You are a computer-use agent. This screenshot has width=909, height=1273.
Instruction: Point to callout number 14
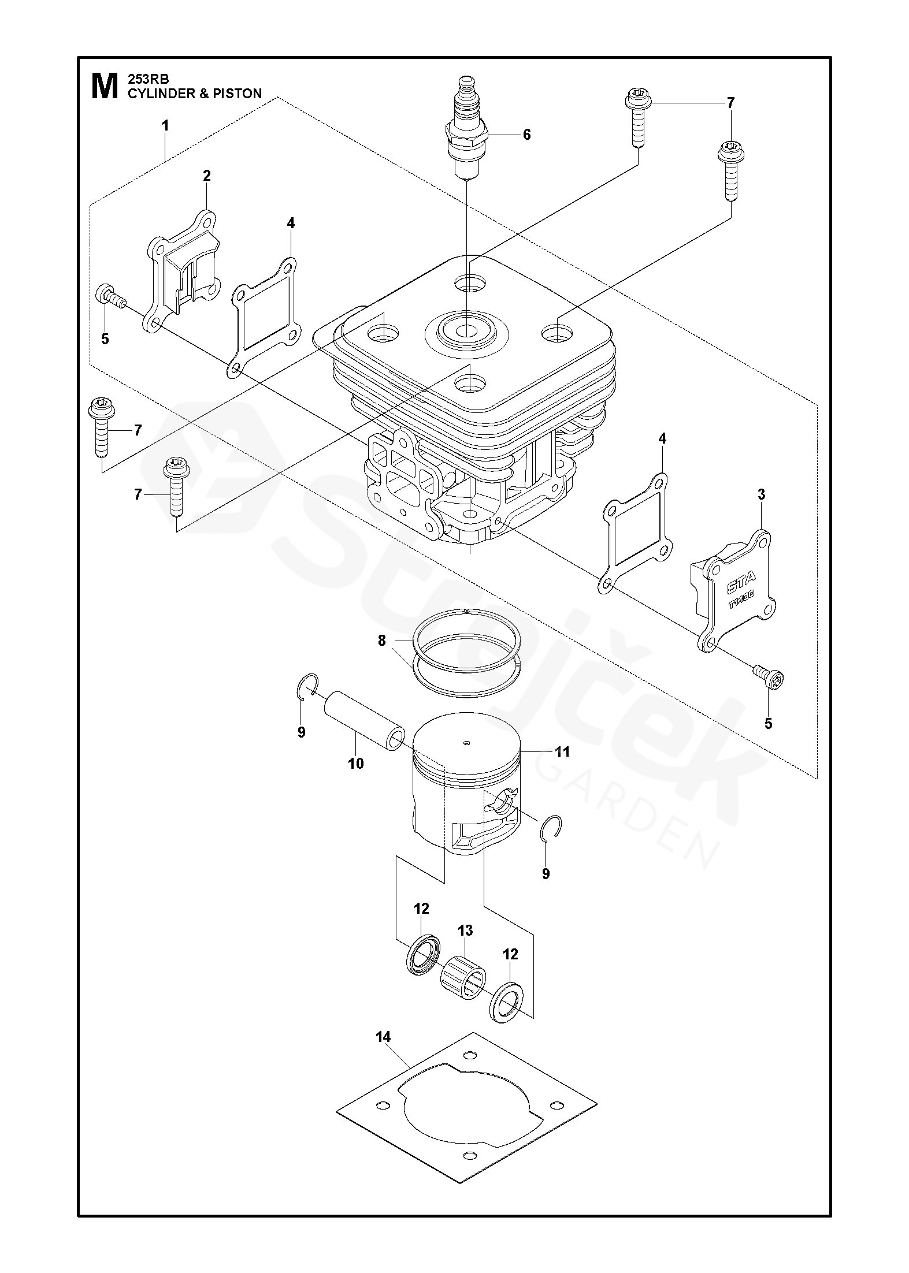[x=383, y=1037]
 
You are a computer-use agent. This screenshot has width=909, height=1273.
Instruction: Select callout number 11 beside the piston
[x=562, y=751]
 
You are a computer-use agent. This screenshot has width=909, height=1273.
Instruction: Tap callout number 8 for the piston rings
[x=381, y=641]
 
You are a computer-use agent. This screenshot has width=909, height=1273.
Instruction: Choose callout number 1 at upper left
[x=165, y=125]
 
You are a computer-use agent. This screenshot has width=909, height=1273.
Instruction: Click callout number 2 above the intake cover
[x=206, y=176]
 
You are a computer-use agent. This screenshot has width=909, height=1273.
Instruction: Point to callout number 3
[x=761, y=494]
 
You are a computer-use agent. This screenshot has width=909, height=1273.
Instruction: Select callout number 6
[x=526, y=135]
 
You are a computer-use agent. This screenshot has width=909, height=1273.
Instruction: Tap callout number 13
[x=465, y=930]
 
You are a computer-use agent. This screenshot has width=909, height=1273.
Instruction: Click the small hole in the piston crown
[x=467, y=743]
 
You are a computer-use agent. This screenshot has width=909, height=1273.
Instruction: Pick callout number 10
[x=356, y=764]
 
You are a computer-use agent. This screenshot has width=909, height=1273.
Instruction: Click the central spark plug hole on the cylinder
[x=466, y=332]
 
